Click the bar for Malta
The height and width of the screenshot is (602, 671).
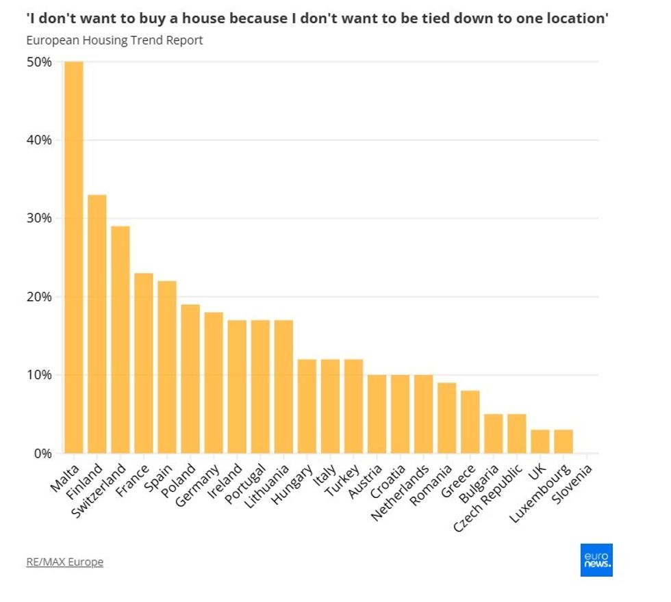pos(74,257)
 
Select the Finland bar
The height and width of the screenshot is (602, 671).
pos(97,324)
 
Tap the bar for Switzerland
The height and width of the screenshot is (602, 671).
pos(121,339)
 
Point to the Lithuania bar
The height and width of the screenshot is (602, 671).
pos(283,387)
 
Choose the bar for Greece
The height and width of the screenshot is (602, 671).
pos(470,421)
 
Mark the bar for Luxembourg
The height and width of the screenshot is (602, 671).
pos(563,441)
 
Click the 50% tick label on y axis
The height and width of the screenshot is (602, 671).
pos(39,62)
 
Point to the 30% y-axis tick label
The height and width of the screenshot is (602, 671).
pos(39,218)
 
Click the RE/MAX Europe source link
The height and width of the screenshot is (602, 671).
pos(64,562)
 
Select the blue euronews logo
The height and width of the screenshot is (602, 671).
pos(596,560)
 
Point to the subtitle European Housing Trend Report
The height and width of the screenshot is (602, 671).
pos(114,40)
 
